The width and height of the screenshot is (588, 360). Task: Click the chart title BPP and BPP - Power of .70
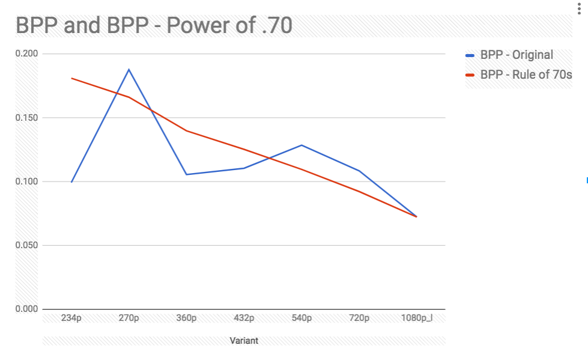pyautogui.click(x=154, y=26)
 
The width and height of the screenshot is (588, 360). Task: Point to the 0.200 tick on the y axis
pyautogui.click(x=27, y=53)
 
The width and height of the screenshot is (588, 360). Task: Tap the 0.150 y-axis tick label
pyautogui.click(x=27, y=118)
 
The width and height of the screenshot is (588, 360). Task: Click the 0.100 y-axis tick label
pyautogui.click(x=27, y=182)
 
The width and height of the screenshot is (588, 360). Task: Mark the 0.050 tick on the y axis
pyautogui.click(x=27, y=245)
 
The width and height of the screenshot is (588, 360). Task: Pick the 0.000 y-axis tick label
pyautogui.click(x=27, y=309)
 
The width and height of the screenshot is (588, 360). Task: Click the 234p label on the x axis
pyautogui.click(x=71, y=318)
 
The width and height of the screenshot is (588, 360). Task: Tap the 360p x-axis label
pyautogui.click(x=187, y=318)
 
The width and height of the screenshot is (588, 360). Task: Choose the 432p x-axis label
pyautogui.click(x=244, y=318)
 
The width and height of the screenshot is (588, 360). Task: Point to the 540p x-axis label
pyautogui.click(x=302, y=318)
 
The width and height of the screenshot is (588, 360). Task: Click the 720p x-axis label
pyautogui.click(x=359, y=318)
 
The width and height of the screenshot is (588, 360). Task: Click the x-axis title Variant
pyautogui.click(x=244, y=341)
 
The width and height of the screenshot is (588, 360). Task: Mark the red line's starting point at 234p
pyautogui.click(x=71, y=78)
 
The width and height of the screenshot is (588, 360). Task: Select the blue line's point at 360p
pyautogui.click(x=187, y=174)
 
